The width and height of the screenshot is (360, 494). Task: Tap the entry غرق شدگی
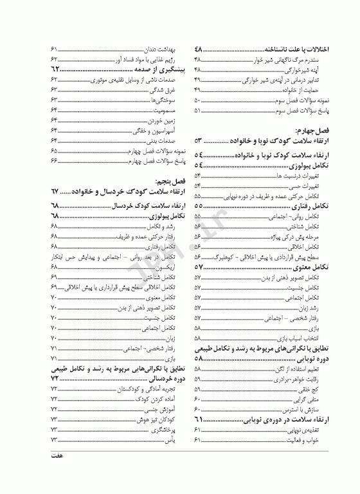[x=162, y=90]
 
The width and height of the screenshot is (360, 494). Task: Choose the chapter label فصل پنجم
[x=160, y=181]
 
